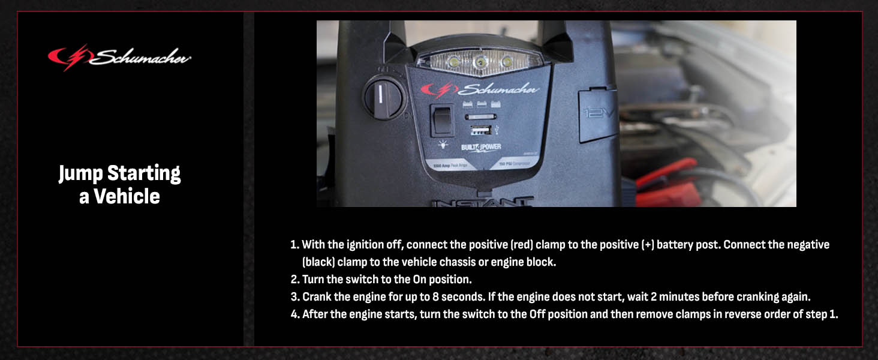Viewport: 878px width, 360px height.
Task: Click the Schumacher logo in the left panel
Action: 119,58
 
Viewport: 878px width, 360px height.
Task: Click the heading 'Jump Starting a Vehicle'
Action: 119,185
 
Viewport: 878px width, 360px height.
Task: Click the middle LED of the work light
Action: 479,62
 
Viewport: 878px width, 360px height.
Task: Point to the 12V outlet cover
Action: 597,115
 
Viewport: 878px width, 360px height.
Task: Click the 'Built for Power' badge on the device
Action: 480,148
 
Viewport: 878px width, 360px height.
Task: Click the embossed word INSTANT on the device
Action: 482,202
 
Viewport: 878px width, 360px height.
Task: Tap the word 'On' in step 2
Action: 420,280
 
